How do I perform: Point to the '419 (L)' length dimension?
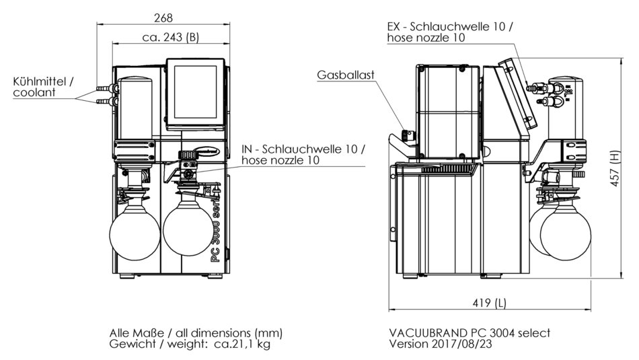(489, 303)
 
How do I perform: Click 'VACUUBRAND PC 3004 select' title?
(469, 333)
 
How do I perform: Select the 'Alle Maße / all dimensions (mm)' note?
(196, 333)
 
